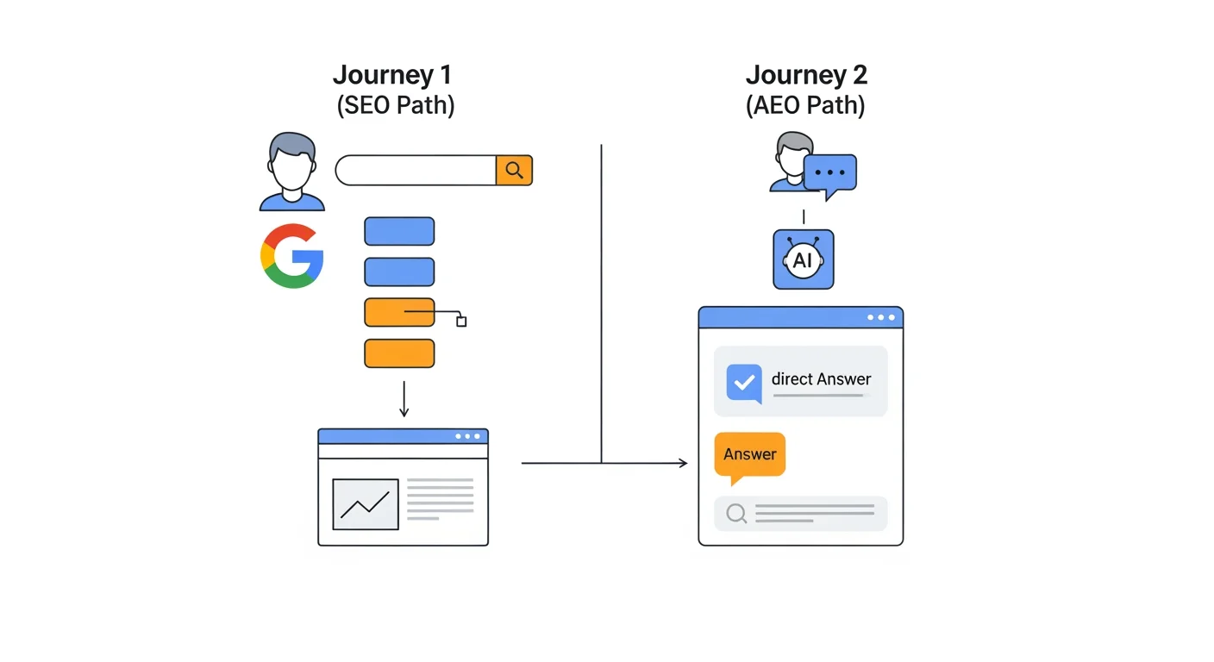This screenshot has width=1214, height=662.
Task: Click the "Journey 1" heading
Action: point(391,75)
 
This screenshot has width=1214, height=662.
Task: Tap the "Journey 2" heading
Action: point(806,75)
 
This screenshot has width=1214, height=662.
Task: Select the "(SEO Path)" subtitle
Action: point(395,105)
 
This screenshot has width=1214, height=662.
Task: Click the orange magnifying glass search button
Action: point(514,171)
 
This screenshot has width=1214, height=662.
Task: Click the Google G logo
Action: point(292,255)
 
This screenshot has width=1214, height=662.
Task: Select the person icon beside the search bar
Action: point(292,172)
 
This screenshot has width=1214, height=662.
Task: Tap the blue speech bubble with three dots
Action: point(829,173)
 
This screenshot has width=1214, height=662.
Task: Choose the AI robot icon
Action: point(803,259)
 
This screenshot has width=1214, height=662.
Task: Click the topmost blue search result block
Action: point(399,231)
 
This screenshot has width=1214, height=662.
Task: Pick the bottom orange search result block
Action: point(399,353)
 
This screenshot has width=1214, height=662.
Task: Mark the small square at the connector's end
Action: point(461,322)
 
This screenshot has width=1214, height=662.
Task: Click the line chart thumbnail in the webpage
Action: point(366,504)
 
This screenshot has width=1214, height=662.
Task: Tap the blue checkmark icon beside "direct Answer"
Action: point(744,382)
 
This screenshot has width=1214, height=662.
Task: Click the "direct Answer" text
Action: point(821,379)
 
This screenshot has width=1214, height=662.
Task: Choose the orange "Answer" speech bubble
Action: point(749,455)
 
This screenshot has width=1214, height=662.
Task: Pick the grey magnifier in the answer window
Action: point(735,514)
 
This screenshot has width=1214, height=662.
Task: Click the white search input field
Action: point(416,171)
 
